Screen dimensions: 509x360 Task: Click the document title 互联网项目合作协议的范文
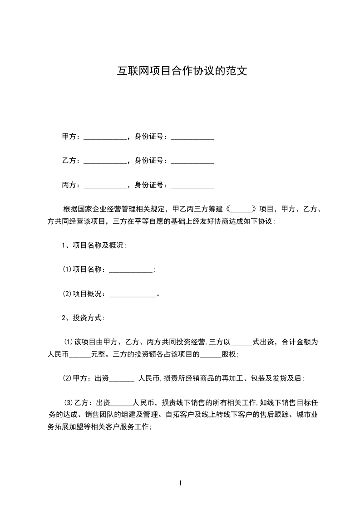click(x=182, y=71)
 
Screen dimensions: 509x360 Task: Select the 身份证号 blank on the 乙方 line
click(x=192, y=162)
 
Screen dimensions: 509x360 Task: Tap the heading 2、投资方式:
click(x=84, y=318)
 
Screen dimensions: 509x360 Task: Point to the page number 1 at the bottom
click(x=180, y=483)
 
